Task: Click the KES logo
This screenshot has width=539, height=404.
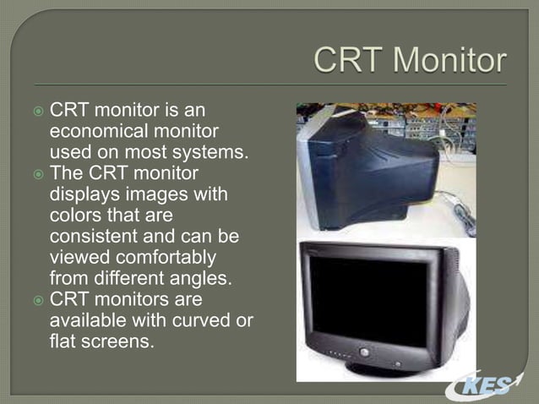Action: point(490,386)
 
